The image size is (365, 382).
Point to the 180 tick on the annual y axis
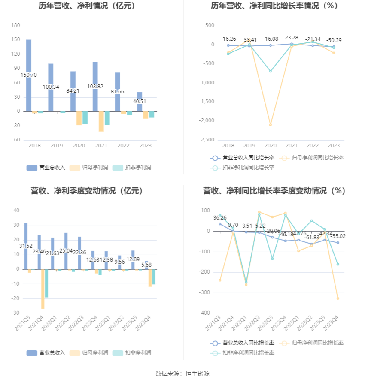(16, 26)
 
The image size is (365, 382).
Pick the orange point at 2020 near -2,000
(271, 125)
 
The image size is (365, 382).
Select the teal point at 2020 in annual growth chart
(271, 71)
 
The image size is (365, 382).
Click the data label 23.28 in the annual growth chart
(291, 38)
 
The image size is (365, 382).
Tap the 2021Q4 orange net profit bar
(43, 289)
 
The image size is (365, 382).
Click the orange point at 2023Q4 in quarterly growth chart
(338, 298)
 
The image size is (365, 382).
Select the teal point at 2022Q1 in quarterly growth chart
(246, 282)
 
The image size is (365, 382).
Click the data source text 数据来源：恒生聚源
(182, 373)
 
